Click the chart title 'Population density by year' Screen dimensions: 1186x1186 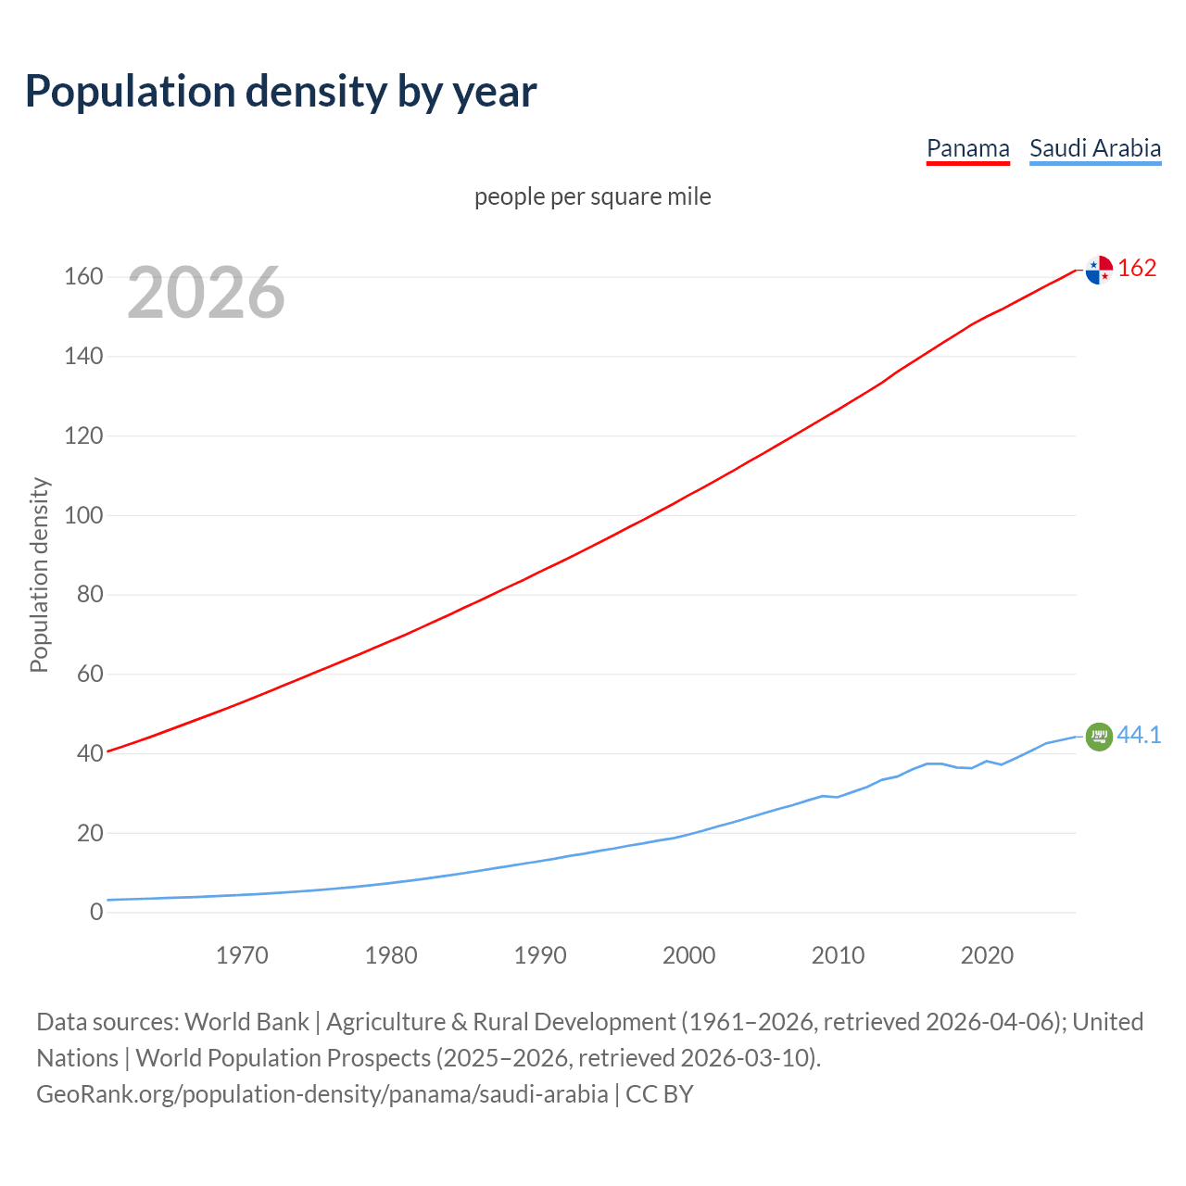[281, 92]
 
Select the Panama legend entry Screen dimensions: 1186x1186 [967, 148]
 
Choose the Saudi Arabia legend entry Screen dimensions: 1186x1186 [1094, 148]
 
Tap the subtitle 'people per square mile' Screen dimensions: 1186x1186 [592, 196]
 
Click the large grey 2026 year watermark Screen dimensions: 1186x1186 [206, 293]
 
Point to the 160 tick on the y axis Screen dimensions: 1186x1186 [82, 277]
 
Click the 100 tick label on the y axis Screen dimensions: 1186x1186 [82, 515]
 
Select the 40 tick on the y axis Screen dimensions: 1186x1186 [89, 753]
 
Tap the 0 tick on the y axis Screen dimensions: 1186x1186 [95, 912]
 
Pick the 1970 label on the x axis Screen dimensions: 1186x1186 [242, 955]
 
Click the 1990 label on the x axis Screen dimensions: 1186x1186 [540, 955]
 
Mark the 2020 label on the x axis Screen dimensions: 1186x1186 [987, 955]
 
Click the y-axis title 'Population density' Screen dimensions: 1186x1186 [39, 574]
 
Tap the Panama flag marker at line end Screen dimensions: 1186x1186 [1099, 270]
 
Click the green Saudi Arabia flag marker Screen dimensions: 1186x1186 [1099, 737]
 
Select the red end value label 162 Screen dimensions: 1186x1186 [1137, 269]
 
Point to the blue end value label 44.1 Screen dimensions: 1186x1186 [1139, 736]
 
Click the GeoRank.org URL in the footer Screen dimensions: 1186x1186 [322, 1094]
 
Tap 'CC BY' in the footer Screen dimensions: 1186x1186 [659, 1094]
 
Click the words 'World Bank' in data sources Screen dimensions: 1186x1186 [246, 1022]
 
